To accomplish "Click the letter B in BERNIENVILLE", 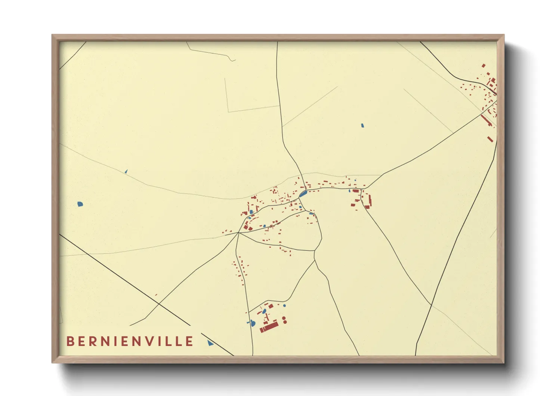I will click(70, 341).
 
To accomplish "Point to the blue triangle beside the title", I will click(210, 342).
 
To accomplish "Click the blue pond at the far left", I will click(80, 204).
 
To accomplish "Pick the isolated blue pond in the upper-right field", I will click(362, 125).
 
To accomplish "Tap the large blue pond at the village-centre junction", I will click(303, 194).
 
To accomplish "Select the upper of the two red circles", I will click(285, 318).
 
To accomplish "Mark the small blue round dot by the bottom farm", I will click(284, 306).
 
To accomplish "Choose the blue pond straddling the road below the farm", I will click(253, 323).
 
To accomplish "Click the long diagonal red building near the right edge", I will click(486, 120).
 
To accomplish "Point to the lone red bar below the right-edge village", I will click(490, 139).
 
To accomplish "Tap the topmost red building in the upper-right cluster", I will click(484, 66).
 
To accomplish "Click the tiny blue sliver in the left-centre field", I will click(126, 171).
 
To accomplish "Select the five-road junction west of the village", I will click(238, 232).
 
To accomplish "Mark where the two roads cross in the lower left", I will click(160, 304).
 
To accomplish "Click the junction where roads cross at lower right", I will click(432, 305).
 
